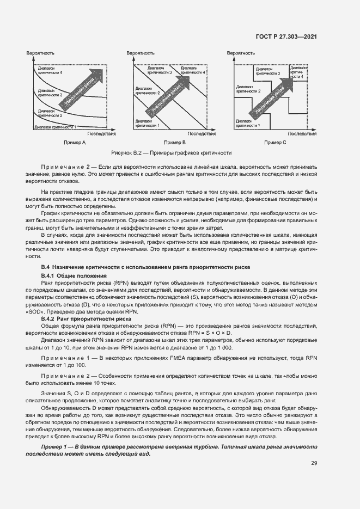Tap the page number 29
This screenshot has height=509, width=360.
click(314, 463)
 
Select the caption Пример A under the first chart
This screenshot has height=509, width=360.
click(76, 142)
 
